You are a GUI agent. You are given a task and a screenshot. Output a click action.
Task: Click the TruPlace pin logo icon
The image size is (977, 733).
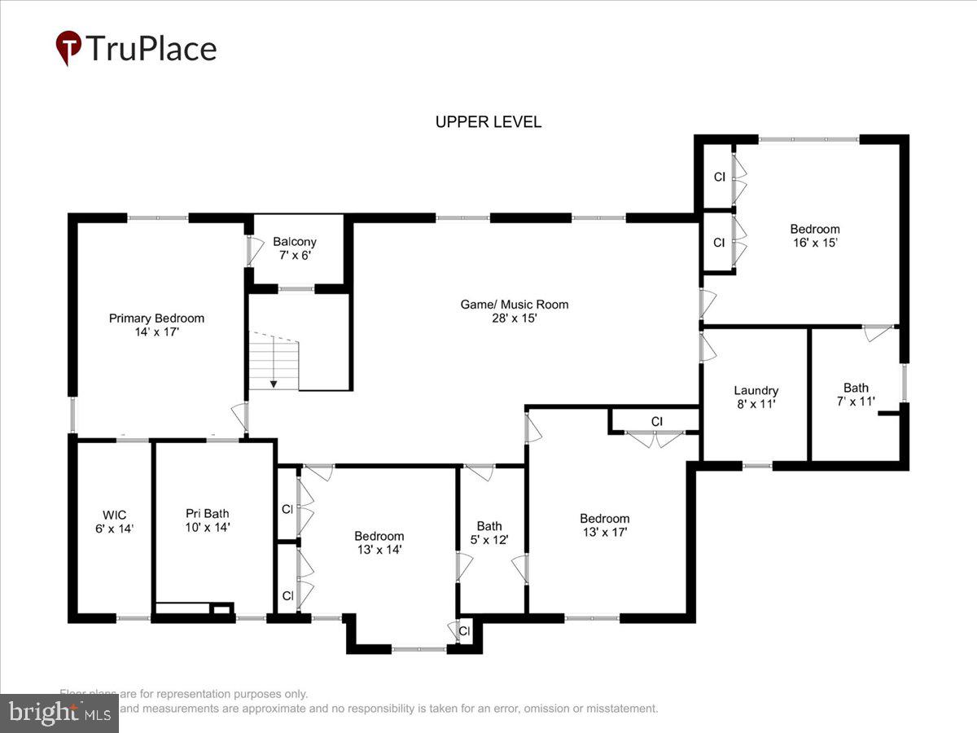(x=68, y=48)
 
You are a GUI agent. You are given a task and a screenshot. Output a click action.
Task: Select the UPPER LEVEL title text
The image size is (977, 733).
(x=488, y=122)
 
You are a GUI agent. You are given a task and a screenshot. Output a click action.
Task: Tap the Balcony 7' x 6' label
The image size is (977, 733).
(x=294, y=248)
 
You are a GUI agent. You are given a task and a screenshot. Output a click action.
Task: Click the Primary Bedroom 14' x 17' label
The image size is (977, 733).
(x=156, y=325)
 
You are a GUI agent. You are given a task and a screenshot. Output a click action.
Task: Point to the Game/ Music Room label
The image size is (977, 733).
(x=515, y=311)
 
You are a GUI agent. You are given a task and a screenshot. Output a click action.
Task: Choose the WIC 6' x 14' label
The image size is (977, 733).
(x=113, y=521)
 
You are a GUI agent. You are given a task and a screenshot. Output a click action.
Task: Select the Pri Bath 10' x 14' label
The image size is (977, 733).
(x=208, y=520)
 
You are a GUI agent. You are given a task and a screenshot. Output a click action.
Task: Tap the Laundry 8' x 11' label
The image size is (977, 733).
(x=756, y=397)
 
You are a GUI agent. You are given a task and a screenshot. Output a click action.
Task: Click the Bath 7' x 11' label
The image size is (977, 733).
(x=856, y=394)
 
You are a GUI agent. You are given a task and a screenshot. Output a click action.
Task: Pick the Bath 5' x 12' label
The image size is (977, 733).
(x=489, y=533)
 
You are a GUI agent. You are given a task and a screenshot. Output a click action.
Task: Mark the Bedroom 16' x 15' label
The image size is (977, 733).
(x=814, y=235)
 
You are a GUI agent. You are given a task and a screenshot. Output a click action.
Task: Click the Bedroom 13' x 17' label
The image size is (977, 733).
(x=604, y=525)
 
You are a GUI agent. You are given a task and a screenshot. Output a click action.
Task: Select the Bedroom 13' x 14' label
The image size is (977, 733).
(x=379, y=542)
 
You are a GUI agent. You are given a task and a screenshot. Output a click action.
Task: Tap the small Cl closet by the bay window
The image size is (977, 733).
(x=464, y=631)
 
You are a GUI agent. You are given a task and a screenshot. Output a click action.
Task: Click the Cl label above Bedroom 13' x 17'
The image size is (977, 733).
(x=657, y=421)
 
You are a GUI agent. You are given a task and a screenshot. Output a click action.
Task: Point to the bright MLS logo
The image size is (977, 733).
(x=59, y=713)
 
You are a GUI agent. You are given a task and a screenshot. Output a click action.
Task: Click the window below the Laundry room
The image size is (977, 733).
(x=757, y=466)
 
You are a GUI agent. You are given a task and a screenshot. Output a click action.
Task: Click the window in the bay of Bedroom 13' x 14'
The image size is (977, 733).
(x=418, y=649)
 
